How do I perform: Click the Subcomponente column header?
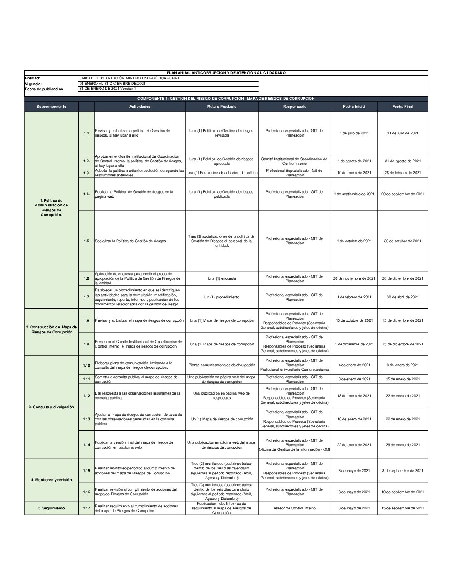(51, 107)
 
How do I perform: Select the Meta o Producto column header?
(222, 107)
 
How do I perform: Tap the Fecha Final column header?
(403, 107)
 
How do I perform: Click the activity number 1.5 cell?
(86, 241)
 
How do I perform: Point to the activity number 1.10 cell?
(86, 365)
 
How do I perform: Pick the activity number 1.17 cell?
(86, 508)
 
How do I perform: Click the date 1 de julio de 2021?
(354, 133)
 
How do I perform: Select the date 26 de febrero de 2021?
(403, 173)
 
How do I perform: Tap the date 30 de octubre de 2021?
(403, 241)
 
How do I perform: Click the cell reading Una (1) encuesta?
(222, 278)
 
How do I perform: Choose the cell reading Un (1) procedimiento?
(222, 297)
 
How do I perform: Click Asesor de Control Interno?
(294, 508)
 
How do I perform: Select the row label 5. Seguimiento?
(51, 508)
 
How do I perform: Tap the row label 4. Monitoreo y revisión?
(51, 480)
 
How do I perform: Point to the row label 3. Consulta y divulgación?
(51, 407)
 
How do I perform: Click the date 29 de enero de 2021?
(403, 445)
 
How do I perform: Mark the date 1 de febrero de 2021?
(354, 297)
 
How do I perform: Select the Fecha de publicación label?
(44, 89)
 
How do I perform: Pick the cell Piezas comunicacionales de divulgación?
(222, 365)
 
